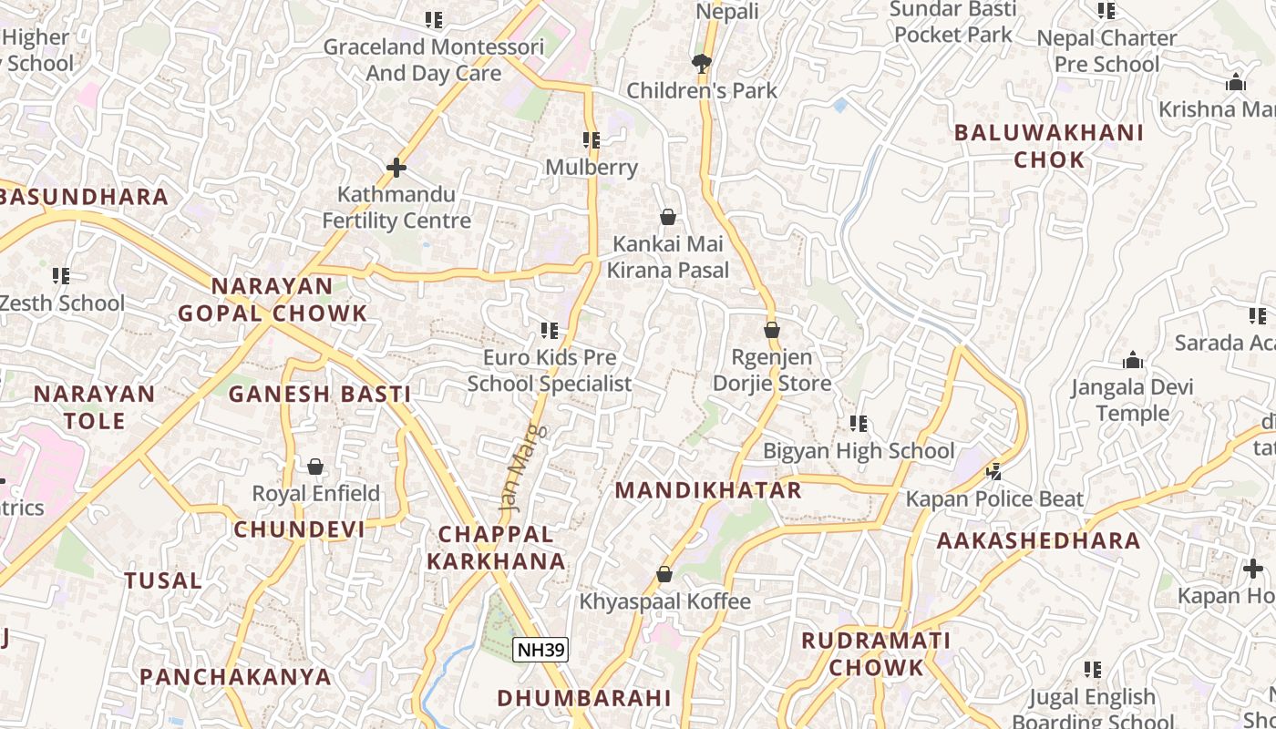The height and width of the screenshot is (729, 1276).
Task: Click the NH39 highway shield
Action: (x=540, y=650)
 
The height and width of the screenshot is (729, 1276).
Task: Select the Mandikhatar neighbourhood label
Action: (x=708, y=490)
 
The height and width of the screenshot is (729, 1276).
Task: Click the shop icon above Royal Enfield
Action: (x=315, y=467)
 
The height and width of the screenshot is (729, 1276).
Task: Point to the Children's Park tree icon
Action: (x=701, y=63)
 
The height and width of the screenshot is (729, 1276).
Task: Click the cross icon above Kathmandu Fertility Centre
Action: (x=396, y=168)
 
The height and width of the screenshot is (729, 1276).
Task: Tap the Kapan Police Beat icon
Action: (x=994, y=472)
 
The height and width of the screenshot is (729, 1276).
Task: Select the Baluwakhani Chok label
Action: (x=1049, y=146)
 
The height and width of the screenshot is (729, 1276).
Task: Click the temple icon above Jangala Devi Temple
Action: (x=1133, y=360)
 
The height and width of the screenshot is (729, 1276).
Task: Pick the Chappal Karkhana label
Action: (x=496, y=548)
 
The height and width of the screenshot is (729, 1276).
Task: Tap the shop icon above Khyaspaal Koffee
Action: (x=664, y=574)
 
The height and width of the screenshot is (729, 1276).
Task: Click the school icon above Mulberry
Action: (x=592, y=140)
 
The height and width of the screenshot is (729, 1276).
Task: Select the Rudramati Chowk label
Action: (x=876, y=653)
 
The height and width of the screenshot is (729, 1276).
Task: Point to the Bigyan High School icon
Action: (x=859, y=424)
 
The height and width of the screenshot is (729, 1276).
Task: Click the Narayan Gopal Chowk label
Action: (x=273, y=300)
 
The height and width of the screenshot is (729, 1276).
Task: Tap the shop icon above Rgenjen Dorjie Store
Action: (x=772, y=330)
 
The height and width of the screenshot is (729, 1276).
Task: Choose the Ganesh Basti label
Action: (x=319, y=395)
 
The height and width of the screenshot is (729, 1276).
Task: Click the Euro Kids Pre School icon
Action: (x=549, y=330)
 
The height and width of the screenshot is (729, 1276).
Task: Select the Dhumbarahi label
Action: (x=584, y=699)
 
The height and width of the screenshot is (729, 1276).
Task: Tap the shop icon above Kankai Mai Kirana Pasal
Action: (x=668, y=217)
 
